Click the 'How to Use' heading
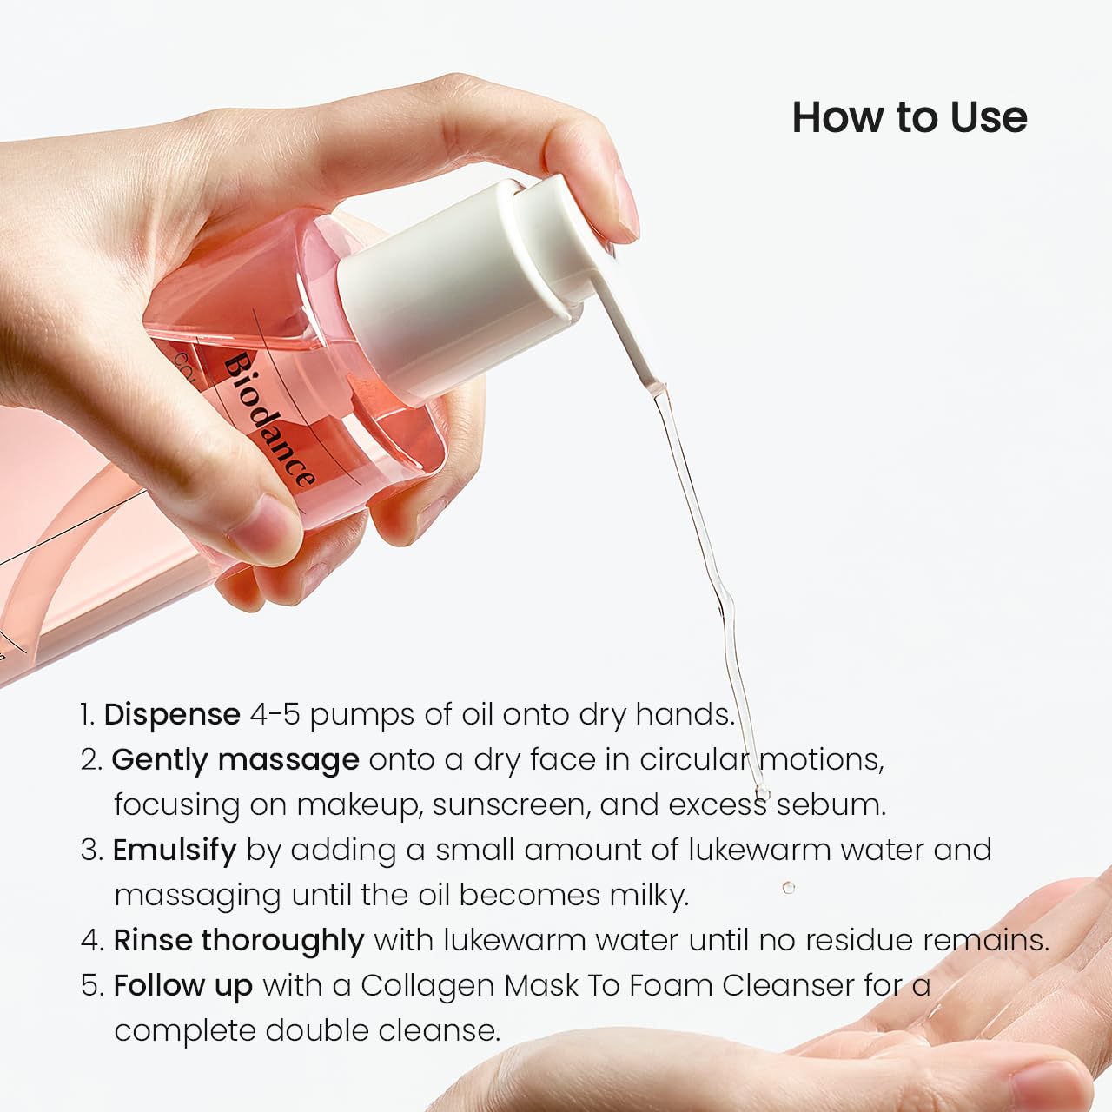point(909,117)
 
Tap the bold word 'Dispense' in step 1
point(172,714)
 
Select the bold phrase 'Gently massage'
point(235,760)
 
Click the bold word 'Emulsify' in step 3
point(174,850)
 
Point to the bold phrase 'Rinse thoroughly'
point(238,940)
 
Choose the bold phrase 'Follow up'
point(182,986)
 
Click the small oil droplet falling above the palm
point(788,887)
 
